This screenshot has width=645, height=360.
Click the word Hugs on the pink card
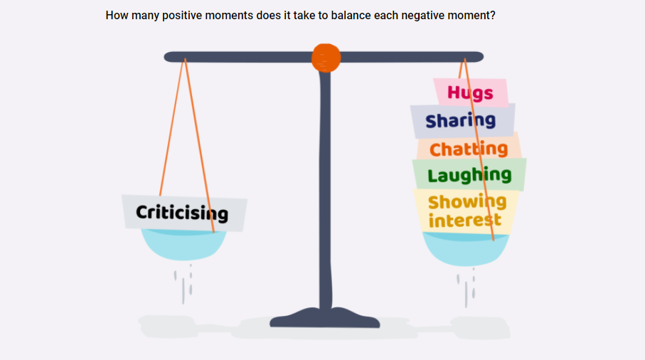tap(470, 93)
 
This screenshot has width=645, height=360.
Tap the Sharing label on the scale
tap(460, 120)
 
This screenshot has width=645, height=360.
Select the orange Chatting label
tap(469, 149)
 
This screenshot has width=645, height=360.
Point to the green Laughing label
tap(469, 176)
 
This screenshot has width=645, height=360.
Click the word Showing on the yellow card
tap(467, 202)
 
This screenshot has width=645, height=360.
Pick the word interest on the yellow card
tap(465, 220)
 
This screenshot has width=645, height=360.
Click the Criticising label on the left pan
tap(182, 213)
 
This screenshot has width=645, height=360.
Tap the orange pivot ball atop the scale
tap(326, 58)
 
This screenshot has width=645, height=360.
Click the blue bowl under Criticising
tap(183, 245)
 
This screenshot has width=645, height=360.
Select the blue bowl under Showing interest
tap(466, 249)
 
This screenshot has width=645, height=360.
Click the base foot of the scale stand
tap(324, 317)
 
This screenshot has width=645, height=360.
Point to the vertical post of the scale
tap(325, 189)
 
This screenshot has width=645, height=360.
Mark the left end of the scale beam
tap(166, 57)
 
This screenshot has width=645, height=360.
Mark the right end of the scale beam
tap(482, 57)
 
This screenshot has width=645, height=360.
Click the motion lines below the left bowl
tap(183, 285)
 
